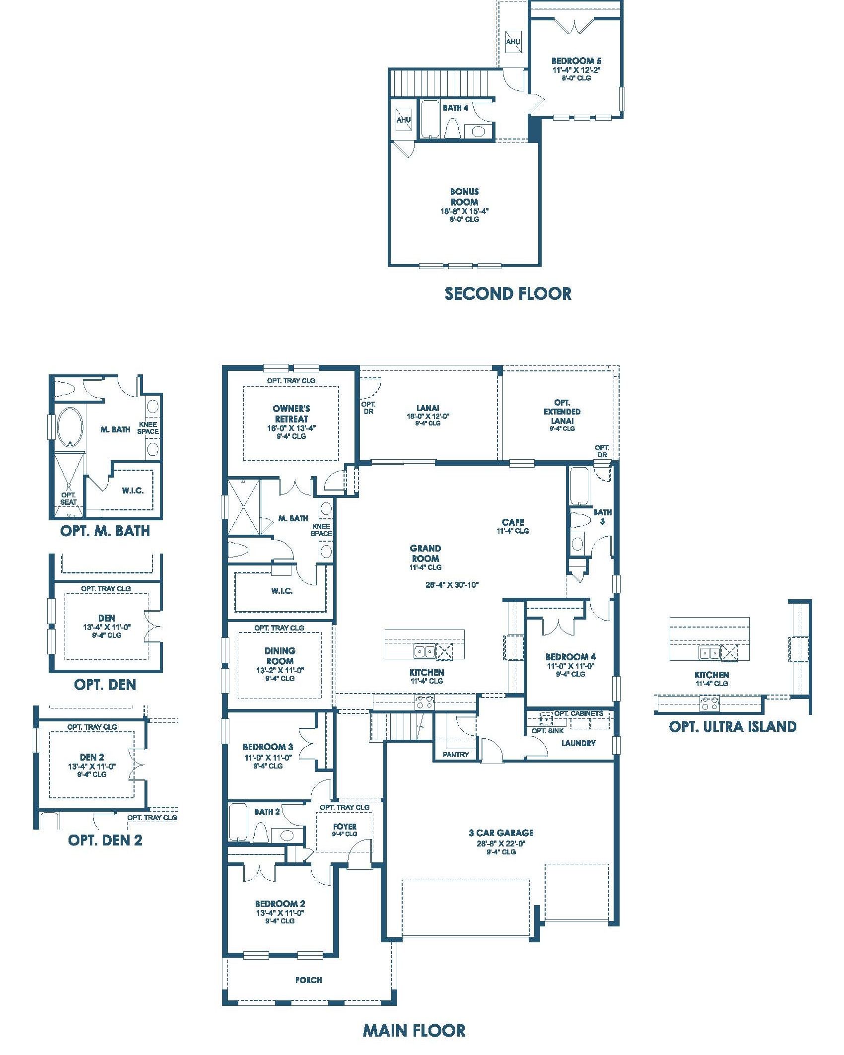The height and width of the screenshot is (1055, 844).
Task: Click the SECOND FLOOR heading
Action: point(508,293)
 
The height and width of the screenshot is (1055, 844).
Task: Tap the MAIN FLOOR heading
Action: point(414,1030)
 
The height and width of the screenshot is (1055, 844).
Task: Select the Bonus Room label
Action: point(464,197)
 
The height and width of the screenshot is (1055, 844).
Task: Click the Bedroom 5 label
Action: point(576,61)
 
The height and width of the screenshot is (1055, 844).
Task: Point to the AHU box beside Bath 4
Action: point(404,120)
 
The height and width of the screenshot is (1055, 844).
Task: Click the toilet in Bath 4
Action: point(452,129)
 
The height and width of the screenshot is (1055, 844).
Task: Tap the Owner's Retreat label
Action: point(291,414)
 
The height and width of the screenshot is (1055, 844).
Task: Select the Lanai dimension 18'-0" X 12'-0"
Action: point(428,417)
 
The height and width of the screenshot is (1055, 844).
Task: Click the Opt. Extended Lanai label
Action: point(562,412)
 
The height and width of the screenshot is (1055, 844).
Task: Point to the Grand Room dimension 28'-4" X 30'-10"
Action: point(452,584)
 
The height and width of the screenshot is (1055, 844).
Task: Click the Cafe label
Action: point(513,522)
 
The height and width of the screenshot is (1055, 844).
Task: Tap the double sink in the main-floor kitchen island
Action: point(425,651)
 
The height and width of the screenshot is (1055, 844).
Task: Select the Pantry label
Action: point(456,755)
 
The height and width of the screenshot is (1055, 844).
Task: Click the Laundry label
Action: point(578,743)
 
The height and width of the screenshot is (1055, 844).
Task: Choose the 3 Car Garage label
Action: point(501,833)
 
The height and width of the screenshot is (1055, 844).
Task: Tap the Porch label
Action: point(308,980)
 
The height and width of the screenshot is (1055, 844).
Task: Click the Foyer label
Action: point(345,827)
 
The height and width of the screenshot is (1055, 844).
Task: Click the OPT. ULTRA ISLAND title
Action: point(733,726)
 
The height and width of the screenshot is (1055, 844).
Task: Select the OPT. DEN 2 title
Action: point(105,840)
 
